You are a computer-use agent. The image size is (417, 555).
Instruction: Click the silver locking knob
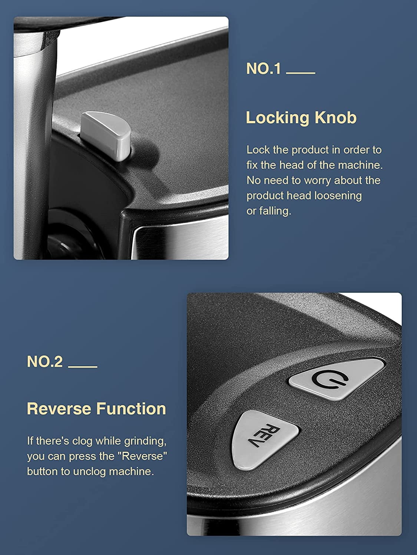tap(106, 135)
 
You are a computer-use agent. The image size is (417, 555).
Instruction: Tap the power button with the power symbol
tap(337, 379)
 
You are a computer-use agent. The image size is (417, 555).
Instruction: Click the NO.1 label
tap(264, 68)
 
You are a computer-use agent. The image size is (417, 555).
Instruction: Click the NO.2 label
tap(45, 361)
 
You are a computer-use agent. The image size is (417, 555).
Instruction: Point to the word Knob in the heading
tap(335, 118)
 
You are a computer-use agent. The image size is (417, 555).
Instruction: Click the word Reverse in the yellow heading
tap(59, 408)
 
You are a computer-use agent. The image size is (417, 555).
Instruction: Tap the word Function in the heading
tap(132, 408)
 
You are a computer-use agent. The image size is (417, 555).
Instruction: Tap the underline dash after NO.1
tap(301, 73)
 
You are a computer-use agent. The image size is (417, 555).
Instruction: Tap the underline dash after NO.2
tap(83, 367)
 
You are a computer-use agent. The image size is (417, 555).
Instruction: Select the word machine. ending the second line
tap(360, 165)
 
